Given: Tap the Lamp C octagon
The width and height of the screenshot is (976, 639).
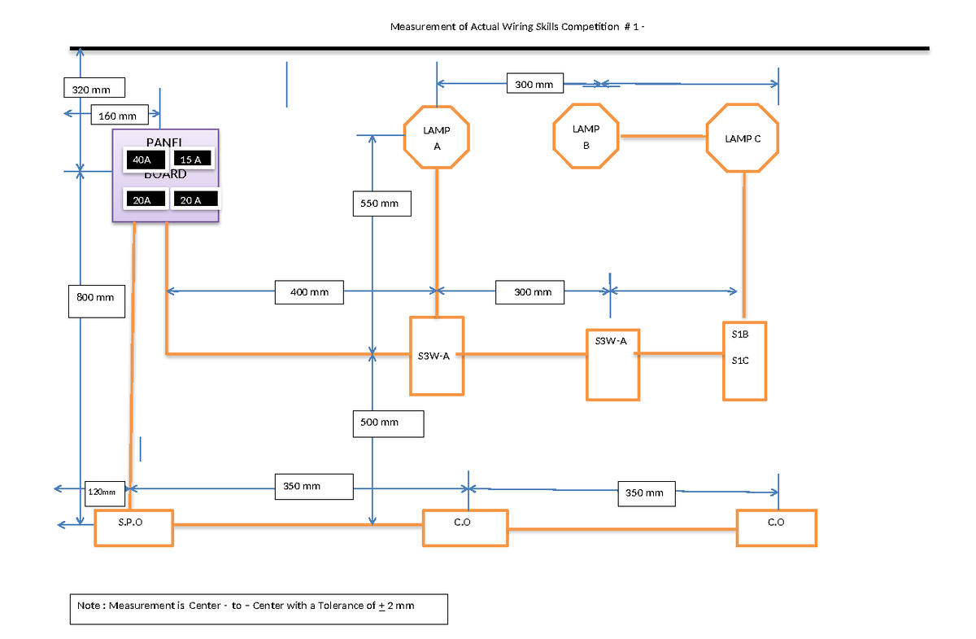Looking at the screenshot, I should (743, 138).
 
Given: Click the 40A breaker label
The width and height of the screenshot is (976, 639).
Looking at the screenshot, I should (142, 160).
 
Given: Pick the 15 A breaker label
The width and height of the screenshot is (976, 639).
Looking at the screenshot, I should (193, 160).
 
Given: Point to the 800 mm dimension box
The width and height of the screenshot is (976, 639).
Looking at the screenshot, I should (95, 298).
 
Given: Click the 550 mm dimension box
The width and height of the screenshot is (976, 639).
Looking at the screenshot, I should (381, 204).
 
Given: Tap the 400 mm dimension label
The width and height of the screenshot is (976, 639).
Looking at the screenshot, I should (309, 292).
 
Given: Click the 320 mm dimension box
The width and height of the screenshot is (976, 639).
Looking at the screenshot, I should (94, 88).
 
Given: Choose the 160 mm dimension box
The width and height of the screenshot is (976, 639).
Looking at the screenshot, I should (120, 116).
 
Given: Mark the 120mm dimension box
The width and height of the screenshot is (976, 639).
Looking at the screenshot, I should (102, 492).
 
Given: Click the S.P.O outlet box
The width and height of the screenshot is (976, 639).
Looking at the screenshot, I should (133, 527).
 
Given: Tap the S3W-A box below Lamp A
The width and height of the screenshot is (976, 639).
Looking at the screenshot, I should (437, 356).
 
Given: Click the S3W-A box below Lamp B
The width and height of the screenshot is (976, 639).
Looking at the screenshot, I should (612, 364).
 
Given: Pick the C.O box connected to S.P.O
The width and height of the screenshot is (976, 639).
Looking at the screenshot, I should (464, 527).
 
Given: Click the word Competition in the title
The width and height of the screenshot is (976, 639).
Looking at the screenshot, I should (583, 27).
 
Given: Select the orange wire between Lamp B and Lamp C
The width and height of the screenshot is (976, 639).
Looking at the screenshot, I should (662, 137).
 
